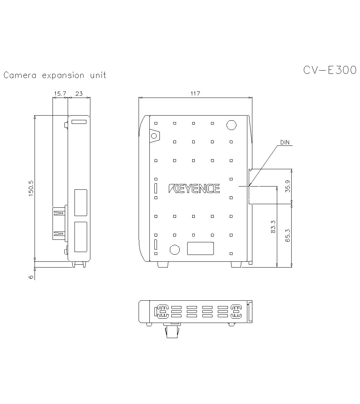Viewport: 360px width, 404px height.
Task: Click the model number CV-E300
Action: pyautogui.click(x=329, y=70)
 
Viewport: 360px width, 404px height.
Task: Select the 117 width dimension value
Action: pyautogui.click(x=195, y=94)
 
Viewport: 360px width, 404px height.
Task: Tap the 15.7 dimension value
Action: pyautogui.click(x=60, y=94)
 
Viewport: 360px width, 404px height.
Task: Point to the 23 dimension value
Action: pyautogui.click(x=78, y=94)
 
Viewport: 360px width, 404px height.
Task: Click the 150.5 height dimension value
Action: pyautogui.click(x=31, y=188)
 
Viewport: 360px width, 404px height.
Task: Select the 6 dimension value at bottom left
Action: pyautogui.click(x=31, y=277)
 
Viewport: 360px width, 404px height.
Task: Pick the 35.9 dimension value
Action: pyautogui.click(x=288, y=186)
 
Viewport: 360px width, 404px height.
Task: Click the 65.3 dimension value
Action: pyautogui.click(x=288, y=235)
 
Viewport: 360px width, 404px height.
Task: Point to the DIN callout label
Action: pyautogui.click(x=285, y=143)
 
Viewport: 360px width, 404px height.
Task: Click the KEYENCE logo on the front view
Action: pyautogui.click(x=194, y=188)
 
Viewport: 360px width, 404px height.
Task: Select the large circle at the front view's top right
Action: pyautogui.click(x=231, y=125)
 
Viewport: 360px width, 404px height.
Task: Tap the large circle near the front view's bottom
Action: pyautogui.click(x=175, y=250)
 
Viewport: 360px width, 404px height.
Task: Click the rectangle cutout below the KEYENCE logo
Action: pyautogui.click(x=201, y=248)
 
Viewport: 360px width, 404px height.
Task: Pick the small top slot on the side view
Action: pyautogui.click(x=79, y=122)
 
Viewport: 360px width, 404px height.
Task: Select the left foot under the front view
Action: pyautogui.click(x=163, y=265)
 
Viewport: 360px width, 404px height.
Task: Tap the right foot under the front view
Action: pyautogui.click(x=236, y=265)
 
